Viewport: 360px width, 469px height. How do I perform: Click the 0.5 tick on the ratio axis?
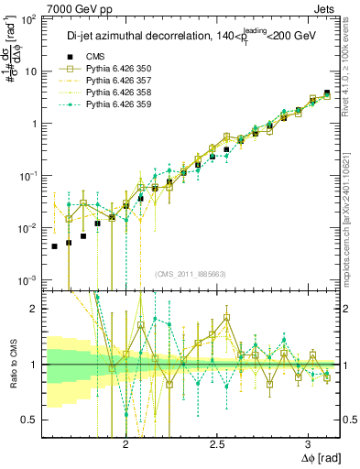coord(32,420)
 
